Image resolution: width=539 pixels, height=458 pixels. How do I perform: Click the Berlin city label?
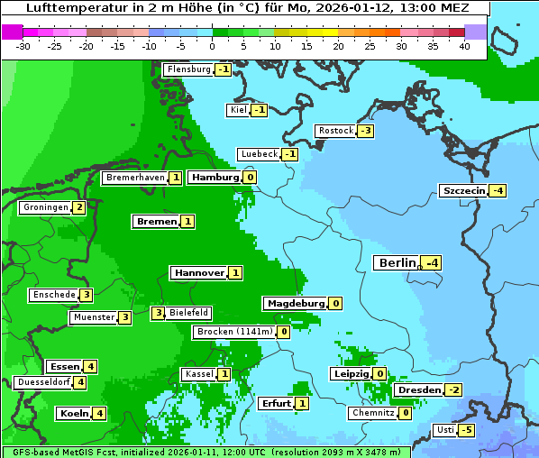pyautogui.click(x=397, y=262)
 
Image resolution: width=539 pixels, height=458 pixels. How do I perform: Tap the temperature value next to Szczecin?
pyautogui.click(x=498, y=190)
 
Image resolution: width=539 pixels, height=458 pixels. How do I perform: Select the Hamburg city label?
pyautogui.click(x=215, y=178)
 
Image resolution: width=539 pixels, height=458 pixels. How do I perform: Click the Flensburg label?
pyautogui.click(x=187, y=69)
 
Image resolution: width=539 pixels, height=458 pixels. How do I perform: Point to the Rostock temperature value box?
pyautogui.click(x=365, y=131)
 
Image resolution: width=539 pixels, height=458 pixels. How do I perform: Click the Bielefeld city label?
pyautogui.click(x=189, y=313)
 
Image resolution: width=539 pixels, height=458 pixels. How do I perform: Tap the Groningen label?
pyautogui.click(x=45, y=207)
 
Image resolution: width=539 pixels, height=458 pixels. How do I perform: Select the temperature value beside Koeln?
pyautogui.click(x=99, y=413)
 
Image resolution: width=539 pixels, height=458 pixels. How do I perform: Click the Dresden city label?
pyautogui.click(x=419, y=389)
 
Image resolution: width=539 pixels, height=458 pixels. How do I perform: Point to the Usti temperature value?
pyautogui.click(x=466, y=430)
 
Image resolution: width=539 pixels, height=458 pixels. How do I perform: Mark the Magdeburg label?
pyautogui.click(x=295, y=303)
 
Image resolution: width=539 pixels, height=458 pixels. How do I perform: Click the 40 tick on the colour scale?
pyautogui.click(x=464, y=46)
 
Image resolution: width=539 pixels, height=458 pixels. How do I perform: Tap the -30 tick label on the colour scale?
pyautogui.click(x=23, y=46)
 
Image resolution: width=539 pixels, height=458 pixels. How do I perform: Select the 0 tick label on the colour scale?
pyautogui.click(x=212, y=46)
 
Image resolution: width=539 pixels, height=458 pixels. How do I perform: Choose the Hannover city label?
pyautogui.click(x=198, y=272)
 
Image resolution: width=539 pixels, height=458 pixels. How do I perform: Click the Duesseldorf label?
pyautogui.click(x=43, y=382)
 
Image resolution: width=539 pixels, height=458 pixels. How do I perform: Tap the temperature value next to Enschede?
pyautogui.click(x=86, y=295)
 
